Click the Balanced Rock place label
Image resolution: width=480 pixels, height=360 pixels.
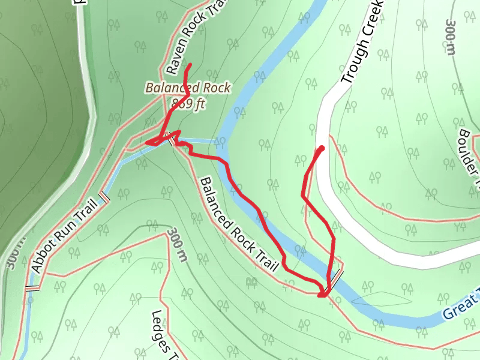coord(188,88)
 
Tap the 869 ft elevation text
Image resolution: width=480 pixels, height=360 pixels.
coord(188,103)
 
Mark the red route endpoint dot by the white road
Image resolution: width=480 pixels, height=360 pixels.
coord(322,148)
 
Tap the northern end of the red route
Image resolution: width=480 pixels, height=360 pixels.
coord(190,64)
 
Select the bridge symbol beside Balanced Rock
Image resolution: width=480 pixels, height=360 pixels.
coord(173,139)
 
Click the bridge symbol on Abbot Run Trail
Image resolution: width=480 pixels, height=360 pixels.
coord(104,196)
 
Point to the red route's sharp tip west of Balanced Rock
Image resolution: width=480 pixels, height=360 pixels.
coord(147,142)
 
